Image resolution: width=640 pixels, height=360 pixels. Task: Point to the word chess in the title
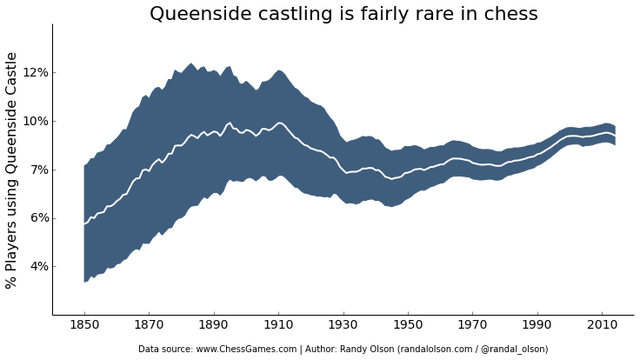point(510,15)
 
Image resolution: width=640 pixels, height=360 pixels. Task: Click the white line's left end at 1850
point(84,224)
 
